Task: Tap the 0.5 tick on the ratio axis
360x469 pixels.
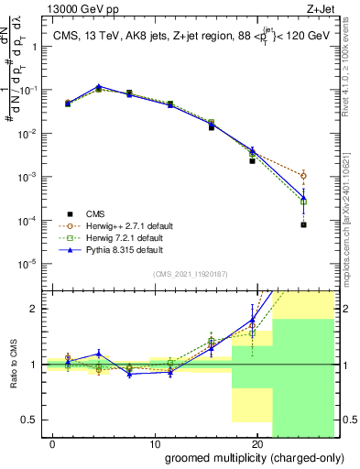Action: point(27,420)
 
